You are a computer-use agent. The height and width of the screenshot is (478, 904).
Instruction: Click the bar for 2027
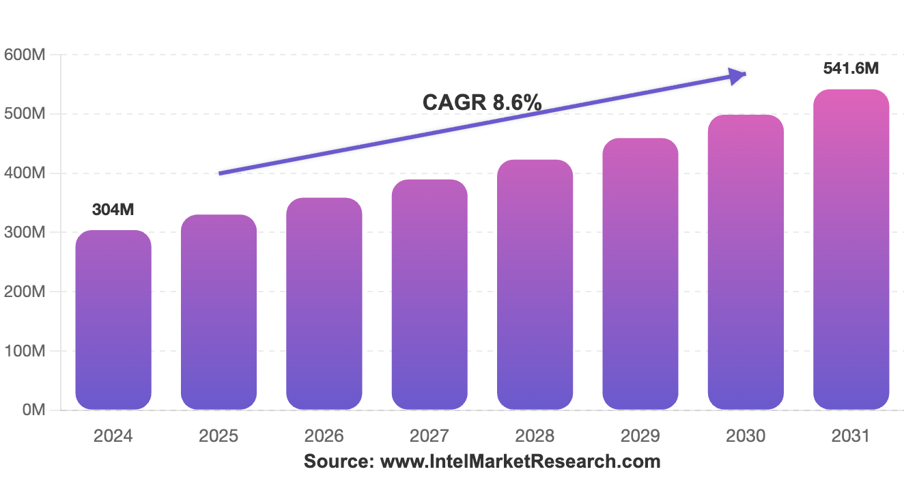[429, 294]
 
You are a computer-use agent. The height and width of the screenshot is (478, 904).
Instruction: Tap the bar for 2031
[851, 249]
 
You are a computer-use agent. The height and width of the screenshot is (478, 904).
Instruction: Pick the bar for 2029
[640, 274]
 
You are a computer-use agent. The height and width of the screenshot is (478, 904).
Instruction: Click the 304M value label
[113, 210]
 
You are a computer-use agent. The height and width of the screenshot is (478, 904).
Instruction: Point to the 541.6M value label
[850, 68]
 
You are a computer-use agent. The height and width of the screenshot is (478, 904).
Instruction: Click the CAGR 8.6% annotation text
[482, 102]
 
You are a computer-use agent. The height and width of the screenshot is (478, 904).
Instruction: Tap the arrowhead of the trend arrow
[737, 76]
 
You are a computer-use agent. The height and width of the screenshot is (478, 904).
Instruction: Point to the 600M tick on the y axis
[25, 55]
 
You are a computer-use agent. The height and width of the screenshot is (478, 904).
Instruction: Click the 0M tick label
[33, 410]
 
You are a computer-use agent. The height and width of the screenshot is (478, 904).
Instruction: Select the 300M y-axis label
[25, 232]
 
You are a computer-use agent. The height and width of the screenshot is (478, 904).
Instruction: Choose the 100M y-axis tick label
[25, 351]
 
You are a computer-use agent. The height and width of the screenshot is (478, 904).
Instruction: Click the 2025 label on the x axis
[218, 436]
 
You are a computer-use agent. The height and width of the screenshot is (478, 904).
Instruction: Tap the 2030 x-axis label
[745, 436]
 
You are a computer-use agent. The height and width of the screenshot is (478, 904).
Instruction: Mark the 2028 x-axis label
[535, 436]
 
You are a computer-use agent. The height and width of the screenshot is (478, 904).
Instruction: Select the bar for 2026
[324, 303]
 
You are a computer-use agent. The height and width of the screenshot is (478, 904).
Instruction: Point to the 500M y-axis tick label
[25, 113]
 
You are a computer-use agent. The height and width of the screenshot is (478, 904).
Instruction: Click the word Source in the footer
[338, 461]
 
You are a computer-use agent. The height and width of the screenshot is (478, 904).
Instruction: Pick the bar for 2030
[745, 262]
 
